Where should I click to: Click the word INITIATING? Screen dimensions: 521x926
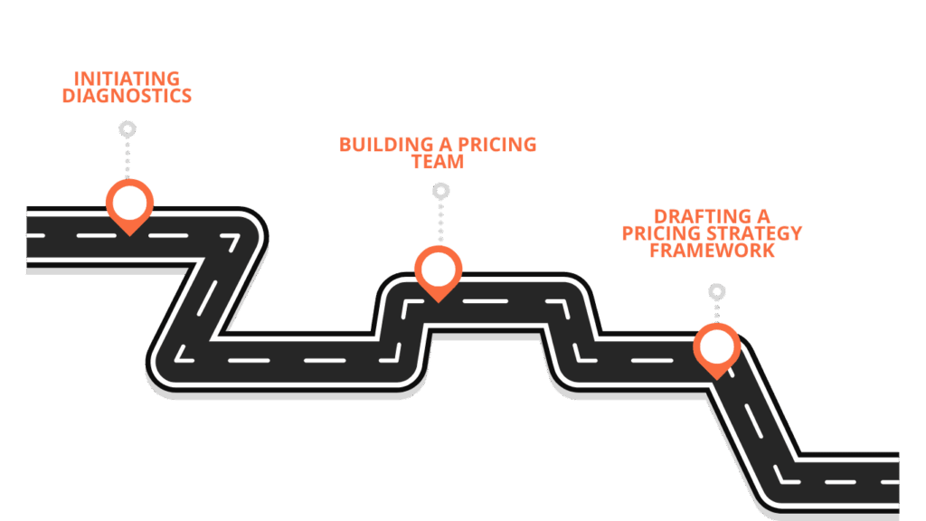pos(127,79)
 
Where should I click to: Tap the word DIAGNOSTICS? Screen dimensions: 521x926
pos(127,96)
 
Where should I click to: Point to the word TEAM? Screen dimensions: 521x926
pos(438,163)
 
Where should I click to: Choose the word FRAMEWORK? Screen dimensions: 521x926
pos(713,251)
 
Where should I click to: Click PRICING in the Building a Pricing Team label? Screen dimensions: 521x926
pos(496,145)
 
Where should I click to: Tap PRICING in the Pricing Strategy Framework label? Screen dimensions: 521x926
pos(654,233)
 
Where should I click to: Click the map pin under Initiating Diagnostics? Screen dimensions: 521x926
pos(129,203)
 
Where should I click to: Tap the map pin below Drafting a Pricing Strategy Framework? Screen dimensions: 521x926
pos(716,347)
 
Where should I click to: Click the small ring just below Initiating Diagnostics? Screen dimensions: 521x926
pos(128,129)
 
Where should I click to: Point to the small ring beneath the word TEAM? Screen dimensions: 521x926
pos(440,191)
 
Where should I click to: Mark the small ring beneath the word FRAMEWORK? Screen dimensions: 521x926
pos(716,292)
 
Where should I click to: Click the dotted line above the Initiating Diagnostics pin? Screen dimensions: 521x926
pos(128,157)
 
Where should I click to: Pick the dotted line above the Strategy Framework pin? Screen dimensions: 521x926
pos(716,312)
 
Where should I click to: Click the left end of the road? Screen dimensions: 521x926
pos(33,237)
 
